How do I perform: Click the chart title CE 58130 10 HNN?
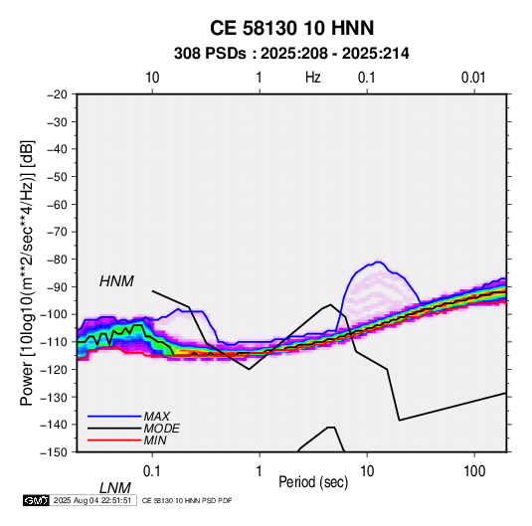291,28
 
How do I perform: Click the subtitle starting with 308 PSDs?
291,54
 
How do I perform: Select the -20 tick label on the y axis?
57,94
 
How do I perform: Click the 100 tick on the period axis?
474,471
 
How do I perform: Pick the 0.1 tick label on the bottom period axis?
152,471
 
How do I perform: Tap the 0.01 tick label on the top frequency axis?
473,78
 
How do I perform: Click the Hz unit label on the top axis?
313,78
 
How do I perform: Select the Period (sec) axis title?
313,482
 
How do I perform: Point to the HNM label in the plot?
116,281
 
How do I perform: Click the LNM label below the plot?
115,488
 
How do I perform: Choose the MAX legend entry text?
157,417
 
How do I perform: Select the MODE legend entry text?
161,429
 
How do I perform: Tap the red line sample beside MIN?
114,440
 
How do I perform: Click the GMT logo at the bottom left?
36,500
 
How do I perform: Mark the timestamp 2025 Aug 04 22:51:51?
92,500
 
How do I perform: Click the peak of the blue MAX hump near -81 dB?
378,262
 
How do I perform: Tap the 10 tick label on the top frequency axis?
152,78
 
